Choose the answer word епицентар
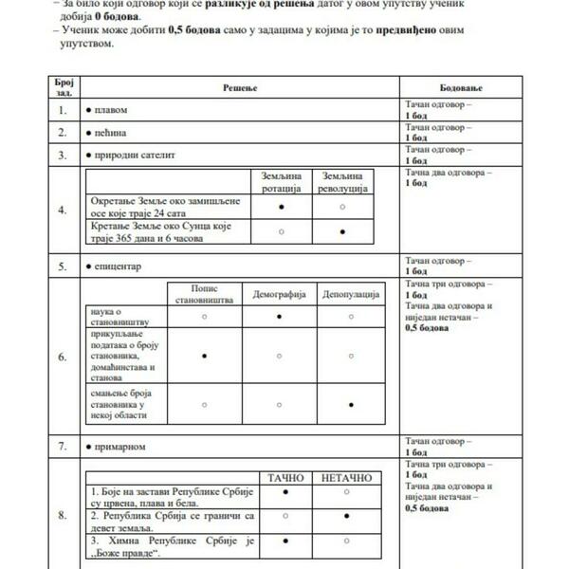tap(118, 266)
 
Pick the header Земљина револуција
tap(341, 183)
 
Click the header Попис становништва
tap(204, 295)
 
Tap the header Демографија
tap(279, 295)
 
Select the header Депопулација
tap(350, 295)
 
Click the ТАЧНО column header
tap(285, 477)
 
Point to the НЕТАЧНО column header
tap(346, 477)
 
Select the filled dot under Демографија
tap(279, 317)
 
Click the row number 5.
tap(63, 266)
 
